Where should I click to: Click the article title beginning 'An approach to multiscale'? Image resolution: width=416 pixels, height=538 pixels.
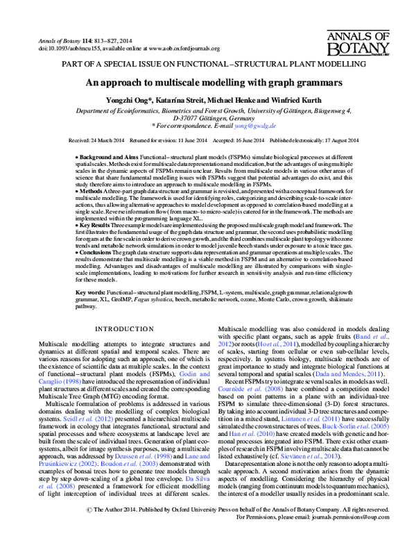207,81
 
